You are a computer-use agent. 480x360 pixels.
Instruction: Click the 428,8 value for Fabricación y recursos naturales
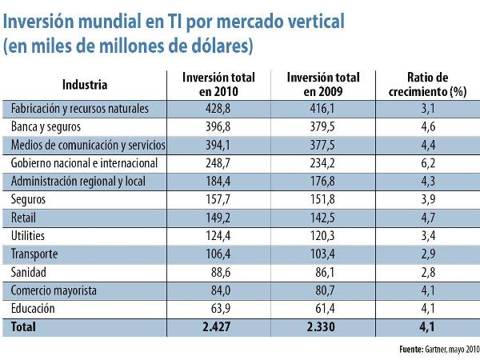(x=214, y=108)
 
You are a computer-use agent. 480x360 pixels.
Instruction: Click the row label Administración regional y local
(x=78, y=181)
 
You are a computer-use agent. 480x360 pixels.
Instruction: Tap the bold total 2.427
(x=214, y=327)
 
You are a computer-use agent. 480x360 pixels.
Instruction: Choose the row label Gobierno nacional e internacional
(x=84, y=162)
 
